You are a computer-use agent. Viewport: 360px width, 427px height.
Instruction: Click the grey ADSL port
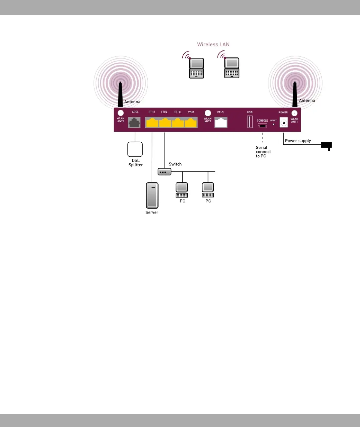point(134,123)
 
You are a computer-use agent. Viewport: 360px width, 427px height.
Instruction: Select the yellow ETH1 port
point(152,123)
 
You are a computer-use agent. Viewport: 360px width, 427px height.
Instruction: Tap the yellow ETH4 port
point(191,123)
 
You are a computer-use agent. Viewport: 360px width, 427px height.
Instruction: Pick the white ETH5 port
point(221,123)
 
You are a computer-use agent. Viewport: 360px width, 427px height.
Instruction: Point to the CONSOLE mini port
point(262,126)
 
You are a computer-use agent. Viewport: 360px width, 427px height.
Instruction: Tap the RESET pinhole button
point(274,124)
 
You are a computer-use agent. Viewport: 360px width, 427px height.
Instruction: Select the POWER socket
point(284,123)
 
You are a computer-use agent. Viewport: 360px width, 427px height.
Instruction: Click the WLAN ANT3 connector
point(208,113)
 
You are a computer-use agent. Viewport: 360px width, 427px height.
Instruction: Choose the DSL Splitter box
point(135,149)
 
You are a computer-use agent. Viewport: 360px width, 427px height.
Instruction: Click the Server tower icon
point(152,195)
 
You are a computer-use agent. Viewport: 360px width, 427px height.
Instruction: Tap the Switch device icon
point(164,172)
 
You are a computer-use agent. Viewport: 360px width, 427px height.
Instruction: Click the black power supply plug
point(327,145)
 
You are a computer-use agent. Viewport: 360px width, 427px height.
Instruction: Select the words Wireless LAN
point(213,44)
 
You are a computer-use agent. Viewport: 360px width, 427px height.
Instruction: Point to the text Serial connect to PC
point(263,152)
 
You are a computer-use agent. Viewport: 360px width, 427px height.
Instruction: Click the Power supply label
point(298,141)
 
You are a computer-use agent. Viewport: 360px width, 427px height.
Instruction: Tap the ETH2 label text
point(164,112)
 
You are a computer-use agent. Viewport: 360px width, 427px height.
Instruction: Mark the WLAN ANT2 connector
point(121,113)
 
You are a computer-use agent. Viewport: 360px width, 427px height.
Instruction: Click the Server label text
point(152,212)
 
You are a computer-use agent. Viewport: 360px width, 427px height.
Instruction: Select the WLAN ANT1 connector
point(294,113)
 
